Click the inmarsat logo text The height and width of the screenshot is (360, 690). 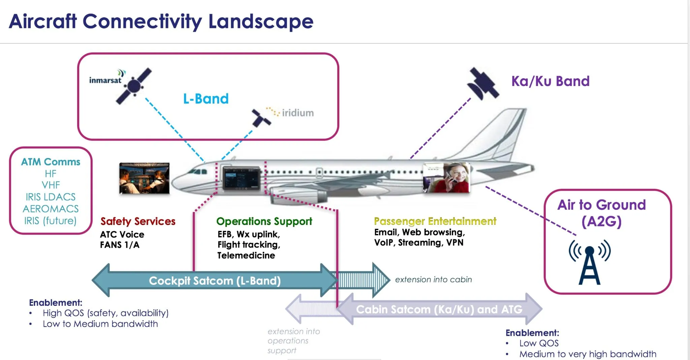105,80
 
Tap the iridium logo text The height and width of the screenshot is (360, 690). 297,113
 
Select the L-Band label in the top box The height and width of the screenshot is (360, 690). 206,99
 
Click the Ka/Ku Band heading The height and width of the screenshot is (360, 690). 550,81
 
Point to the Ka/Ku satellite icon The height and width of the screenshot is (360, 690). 482,83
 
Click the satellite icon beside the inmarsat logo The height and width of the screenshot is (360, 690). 134,86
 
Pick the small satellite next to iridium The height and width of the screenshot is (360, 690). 261,118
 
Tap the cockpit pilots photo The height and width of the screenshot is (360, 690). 144,178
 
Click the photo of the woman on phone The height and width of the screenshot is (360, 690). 446,178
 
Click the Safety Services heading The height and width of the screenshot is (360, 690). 138,221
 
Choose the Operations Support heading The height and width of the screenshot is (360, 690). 264,221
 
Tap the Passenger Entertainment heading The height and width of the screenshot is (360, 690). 435,221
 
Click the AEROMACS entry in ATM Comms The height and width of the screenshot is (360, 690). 51,209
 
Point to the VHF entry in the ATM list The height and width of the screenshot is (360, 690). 51,185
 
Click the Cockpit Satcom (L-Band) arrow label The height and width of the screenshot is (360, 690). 215,281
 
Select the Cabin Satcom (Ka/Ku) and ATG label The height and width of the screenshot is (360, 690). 439,309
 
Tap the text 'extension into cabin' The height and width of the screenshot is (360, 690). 433,280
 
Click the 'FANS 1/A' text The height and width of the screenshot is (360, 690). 120,245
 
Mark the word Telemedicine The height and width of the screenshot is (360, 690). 246,256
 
